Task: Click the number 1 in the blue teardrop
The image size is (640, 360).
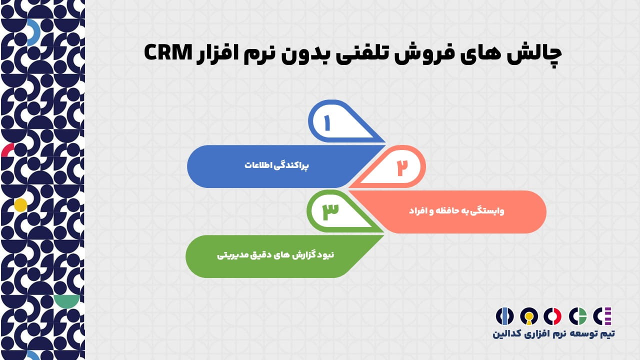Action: (x=327, y=123)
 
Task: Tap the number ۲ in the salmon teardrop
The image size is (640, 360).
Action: (x=402, y=167)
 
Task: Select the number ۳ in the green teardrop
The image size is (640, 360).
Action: (x=330, y=211)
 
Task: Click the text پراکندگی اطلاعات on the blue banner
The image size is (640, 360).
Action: (x=276, y=165)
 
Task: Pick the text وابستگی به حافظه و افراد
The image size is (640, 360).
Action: (x=456, y=211)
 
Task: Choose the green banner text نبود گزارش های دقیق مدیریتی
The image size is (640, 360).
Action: (x=275, y=255)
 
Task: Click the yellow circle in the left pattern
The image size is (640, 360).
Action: (x=20, y=205)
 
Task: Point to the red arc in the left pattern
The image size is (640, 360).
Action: (x=7, y=149)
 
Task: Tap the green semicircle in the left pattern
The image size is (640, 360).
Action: (x=66, y=301)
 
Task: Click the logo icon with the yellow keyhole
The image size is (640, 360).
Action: (x=529, y=316)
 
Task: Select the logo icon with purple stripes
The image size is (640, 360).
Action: (x=602, y=316)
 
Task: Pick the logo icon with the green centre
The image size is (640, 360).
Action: (x=577, y=316)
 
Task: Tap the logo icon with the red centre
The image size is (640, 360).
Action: (x=552, y=316)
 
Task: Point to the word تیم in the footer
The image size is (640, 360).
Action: (x=607, y=333)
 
